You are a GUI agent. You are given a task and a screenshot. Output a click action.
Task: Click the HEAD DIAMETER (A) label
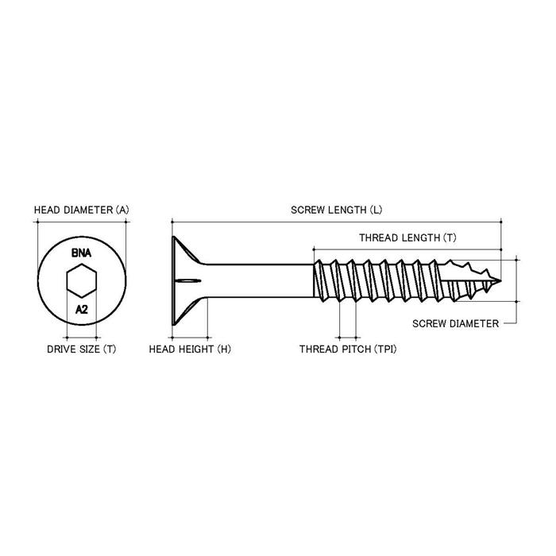81,210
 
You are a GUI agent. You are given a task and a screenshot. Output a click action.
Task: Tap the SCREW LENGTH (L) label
336,210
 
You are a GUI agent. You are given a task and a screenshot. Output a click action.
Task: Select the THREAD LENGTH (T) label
407,237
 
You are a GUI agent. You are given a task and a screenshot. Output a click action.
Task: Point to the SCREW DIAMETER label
456,323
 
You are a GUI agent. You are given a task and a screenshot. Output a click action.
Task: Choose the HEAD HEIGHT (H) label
189,349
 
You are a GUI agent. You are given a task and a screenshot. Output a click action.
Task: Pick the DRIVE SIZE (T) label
81,349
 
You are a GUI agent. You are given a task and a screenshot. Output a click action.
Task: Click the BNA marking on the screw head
81,253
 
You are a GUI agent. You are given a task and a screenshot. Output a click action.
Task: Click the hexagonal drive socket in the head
81,280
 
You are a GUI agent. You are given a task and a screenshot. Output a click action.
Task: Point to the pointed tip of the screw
499,280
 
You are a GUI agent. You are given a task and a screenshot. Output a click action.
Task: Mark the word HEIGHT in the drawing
193,349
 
